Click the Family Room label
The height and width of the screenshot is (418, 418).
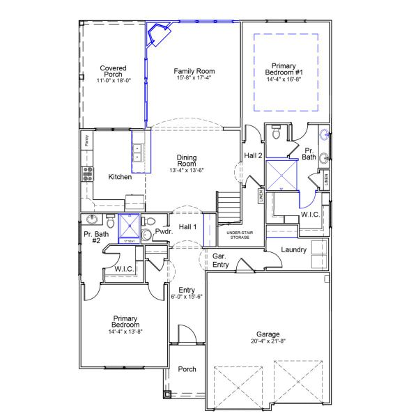(x=194, y=71)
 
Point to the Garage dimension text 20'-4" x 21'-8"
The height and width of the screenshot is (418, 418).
(x=268, y=341)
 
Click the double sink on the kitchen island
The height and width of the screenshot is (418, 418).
(x=138, y=153)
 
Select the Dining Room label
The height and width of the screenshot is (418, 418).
(x=187, y=161)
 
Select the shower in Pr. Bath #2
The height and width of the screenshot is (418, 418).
(x=129, y=226)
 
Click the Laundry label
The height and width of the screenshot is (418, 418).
(x=293, y=249)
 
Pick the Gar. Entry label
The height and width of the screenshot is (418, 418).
(x=223, y=261)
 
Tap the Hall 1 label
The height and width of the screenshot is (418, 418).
(x=187, y=227)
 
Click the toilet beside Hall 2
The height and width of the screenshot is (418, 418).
(x=275, y=132)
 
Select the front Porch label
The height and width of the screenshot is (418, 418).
(x=187, y=369)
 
